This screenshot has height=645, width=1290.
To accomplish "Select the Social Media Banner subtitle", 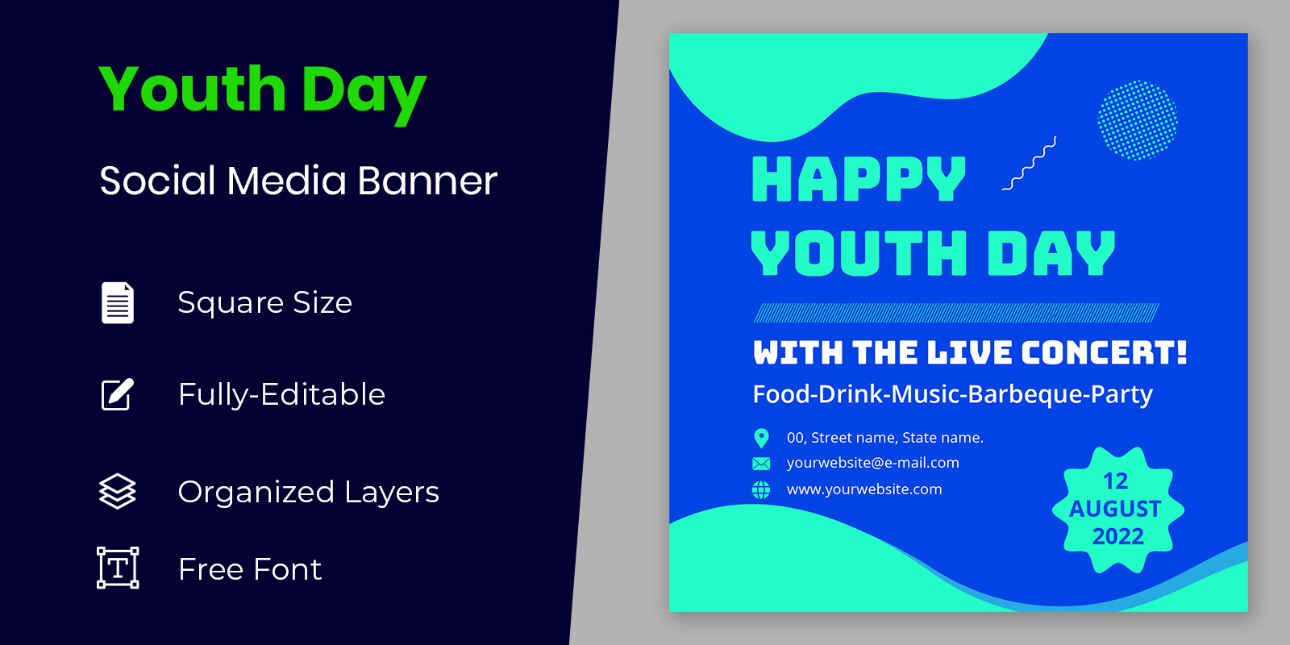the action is (x=298, y=181).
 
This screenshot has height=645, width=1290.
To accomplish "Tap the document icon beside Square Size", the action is (x=118, y=302).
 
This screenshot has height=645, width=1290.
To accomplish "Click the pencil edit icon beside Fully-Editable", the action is (x=118, y=394).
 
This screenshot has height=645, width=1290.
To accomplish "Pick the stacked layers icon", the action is (x=118, y=491).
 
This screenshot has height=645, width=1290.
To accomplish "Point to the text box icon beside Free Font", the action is (x=118, y=568).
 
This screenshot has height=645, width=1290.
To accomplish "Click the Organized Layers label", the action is (x=308, y=493).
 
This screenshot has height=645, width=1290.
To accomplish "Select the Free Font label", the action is (x=249, y=569).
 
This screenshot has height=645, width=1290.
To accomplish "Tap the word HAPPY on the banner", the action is (x=859, y=179).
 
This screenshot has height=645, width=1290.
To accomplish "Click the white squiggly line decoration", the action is (x=1030, y=164).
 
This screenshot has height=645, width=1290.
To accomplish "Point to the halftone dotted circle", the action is (x=1138, y=120).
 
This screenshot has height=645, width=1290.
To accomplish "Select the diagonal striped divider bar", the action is (x=956, y=313).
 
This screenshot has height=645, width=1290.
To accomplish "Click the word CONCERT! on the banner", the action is (x=1104, y=352).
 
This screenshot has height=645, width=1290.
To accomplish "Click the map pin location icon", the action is (x=761, y=439).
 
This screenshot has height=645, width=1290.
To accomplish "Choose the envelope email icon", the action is (x=761, y=464).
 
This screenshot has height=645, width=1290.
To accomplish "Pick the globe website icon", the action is (x=761, y=490).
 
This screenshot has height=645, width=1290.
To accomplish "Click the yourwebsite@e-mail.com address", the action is (x=873, y=463).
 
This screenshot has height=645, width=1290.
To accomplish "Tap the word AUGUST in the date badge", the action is (x=1116, y=509).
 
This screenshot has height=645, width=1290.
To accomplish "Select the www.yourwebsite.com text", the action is (x=864, y=489).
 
